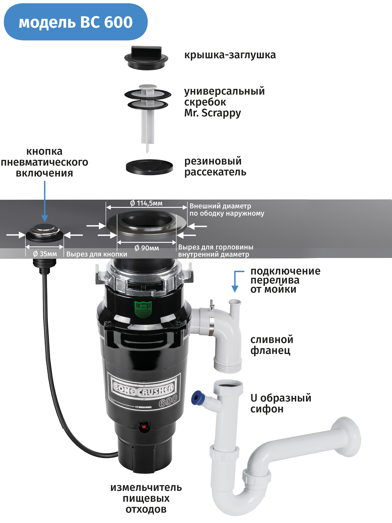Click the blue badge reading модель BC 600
(x=76, y=22)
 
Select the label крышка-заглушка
(x=230, y=55)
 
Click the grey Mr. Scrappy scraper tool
(x=148, y=112)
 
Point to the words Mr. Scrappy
(x=212, y=113)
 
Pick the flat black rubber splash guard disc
(x=149, y=167)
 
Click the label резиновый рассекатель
(x=215, y=167)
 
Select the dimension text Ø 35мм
(x=45, y=254)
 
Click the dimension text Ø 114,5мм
(x=146, y=203)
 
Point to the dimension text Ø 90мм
(x=147, y=248)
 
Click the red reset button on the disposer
(x=144, y=427)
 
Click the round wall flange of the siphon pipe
(x=349, y=437)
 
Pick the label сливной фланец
(x=272, y=345)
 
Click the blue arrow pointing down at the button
(x=45, y=201)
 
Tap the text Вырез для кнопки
(x=97, y=254)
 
